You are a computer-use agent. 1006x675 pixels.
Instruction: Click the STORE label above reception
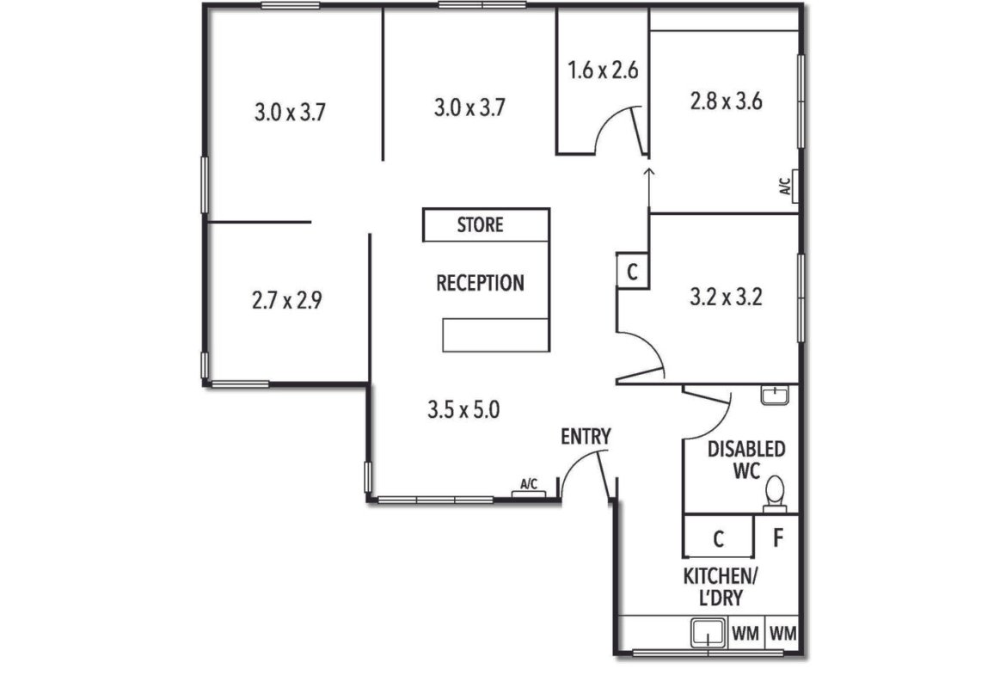pyautogui.click(x=480, y=225)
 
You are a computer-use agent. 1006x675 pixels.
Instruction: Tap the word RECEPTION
pyautogui.click(x=480, y=283)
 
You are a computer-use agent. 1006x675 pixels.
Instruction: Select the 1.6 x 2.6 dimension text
pyautogui.click(x=603, y=70)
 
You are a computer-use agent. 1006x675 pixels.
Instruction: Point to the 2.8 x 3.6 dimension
pyautogui.click(x=726, y=101)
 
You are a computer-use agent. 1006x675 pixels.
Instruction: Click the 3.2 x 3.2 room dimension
pyautogui.click(x=726, y=298)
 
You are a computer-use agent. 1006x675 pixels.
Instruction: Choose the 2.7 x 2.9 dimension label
pyautogui.click(x=287, y=300)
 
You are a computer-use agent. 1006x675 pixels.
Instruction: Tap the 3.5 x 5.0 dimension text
pyautogui.click(x=463, y=409)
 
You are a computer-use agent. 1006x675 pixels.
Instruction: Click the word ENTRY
pyautogui.click(x=586, y=437)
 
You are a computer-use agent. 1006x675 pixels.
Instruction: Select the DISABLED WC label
pyautogui.click(x=746, y=459)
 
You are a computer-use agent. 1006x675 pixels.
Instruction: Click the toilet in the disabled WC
pyautogui.click(x=775, y=494)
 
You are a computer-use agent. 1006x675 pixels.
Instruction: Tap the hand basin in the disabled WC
pyautogui.click(x=775, y=395)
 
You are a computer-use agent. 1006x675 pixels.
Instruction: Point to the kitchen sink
pyautogui.click(x=708, y=633)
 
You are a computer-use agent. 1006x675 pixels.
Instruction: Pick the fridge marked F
pyautogui.click(x=777, y=536)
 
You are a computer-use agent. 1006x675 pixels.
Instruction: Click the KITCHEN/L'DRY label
pyautogui.click(x=721, y=587)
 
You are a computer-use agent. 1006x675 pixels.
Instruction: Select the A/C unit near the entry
pyautogui.click(x=529, y=490)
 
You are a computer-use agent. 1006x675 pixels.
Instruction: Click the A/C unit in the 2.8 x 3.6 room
pyautogui.click(x=790, y=187)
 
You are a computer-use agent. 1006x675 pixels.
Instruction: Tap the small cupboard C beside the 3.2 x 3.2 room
pyautogui.click(x=632, y=272)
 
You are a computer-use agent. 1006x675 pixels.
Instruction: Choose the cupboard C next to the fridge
pyautogui.click(x=718, y=537)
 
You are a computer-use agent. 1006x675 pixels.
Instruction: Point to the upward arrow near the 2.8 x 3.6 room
pyautogui.click(x=648, y=189)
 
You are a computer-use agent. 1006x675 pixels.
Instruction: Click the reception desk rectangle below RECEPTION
pyautogui.click(x=496, y=334)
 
